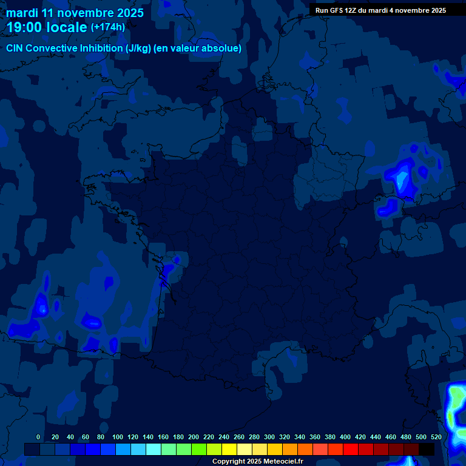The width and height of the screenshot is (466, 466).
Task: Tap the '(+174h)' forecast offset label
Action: click(x=108, y=27)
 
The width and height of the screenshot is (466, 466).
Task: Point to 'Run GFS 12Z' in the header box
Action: click(x=336, y=10)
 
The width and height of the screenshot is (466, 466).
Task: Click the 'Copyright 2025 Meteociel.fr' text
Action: click(x=257, y=461)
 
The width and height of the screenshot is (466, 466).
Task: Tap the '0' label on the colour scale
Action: click(x=38, y=437)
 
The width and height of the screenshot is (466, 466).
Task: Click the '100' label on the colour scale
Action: click(x=118, y=437)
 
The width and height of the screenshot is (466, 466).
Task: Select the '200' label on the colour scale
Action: click(x=194, y=437)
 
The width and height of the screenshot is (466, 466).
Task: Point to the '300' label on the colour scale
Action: click(x=269, y=437)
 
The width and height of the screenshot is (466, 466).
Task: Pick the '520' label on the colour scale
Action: click(x=436, y=437)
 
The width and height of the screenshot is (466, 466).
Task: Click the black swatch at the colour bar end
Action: click(x=427, y=449)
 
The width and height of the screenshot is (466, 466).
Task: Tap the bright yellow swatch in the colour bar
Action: click(x=229, y=449)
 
